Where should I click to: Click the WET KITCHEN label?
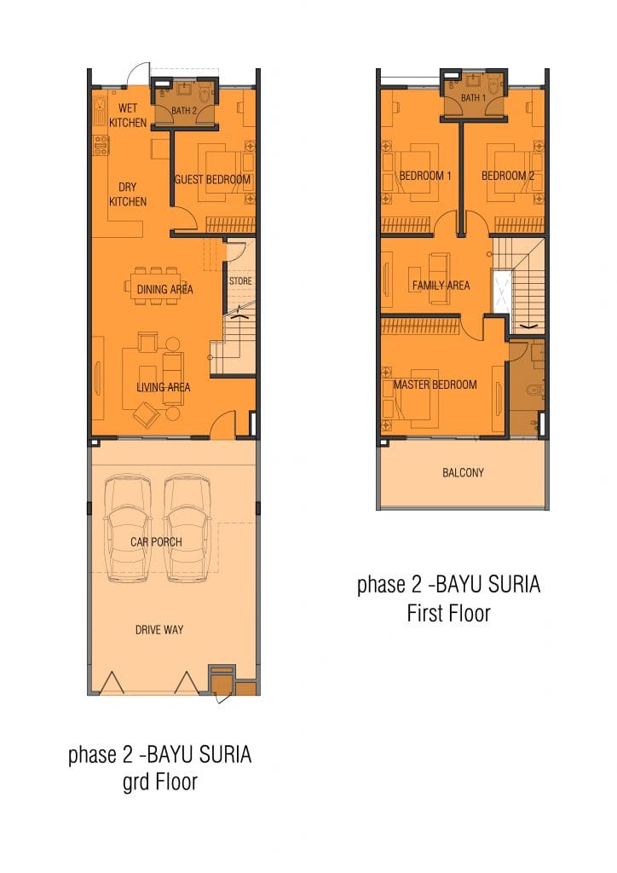(x=128, y=115)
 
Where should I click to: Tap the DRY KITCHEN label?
(x=128, y=194)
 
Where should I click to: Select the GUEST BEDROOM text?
(x=212, y=179)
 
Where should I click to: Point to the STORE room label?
(x=240, y=281)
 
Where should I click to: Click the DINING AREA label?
(x=164, y=290)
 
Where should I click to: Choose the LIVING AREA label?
(x=164, y=387)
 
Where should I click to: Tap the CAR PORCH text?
(x=156, y=541)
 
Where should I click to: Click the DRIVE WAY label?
(x=159, y=630)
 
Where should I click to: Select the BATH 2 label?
(x=183, y=111)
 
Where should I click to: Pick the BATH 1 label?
(x=473, y=98)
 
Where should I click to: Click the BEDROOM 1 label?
(x=425, y=176)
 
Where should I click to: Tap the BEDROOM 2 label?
(x=507, y=176)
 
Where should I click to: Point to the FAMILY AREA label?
(x=441, y=286)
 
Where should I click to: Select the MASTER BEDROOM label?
(x=435, y=384)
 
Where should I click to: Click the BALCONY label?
(x=463, y=472)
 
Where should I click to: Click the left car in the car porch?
(x=129, y=528)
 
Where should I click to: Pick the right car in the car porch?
(x=187, y=528)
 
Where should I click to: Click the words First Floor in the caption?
(x=448, y=614)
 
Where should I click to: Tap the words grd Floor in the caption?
(x=159, y=782)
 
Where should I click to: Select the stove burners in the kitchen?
(x=101, y=146)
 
